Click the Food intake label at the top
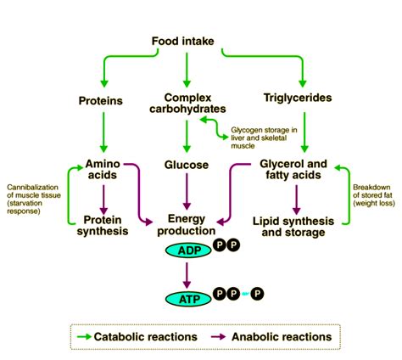coord(186,41)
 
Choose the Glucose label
coord(186,164)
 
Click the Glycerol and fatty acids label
coord(293,170)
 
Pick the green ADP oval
coord(186,250)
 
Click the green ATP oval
coord(186,299)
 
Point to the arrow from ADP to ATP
coord(186,274)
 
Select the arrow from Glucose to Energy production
coord(186,194)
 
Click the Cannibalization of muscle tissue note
coord(32,197)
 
